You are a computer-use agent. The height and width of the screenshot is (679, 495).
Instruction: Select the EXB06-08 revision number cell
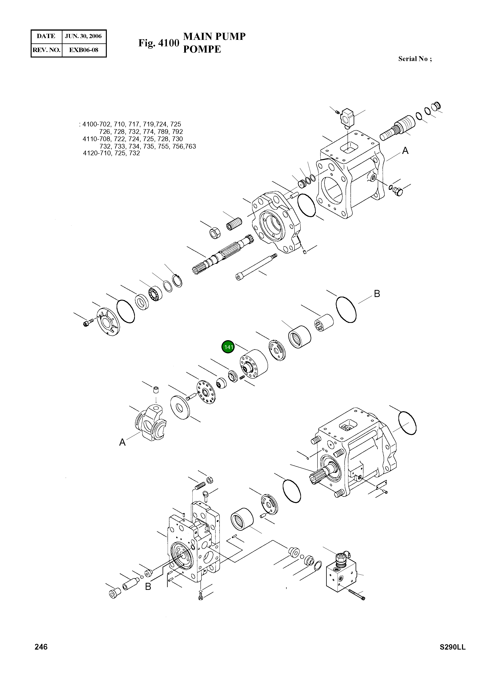tap(84, 50)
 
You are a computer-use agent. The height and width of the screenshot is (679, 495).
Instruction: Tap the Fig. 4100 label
tap(158, 43)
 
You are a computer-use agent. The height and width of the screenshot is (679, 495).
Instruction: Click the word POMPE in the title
tap(202, 49)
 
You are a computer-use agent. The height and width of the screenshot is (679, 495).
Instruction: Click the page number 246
tap(41, 647)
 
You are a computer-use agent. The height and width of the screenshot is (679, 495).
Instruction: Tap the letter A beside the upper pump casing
tap(405, 151)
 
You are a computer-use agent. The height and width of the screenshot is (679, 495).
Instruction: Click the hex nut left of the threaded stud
tap(215, 232)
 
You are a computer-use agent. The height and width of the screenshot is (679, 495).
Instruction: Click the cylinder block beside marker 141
tap(254, 364)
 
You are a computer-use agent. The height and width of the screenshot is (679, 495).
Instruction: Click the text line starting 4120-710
tap(112, 153)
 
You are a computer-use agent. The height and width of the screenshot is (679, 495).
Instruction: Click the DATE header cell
tap(46, 36)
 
